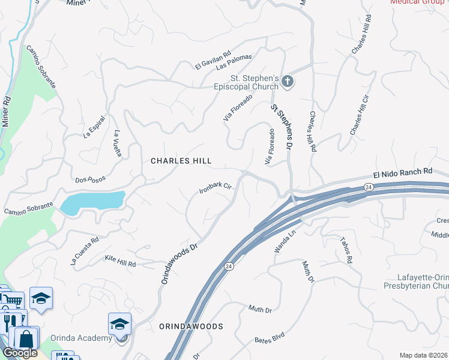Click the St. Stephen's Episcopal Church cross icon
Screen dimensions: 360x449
click(288, 82)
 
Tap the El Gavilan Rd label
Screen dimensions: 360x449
click(213, 59)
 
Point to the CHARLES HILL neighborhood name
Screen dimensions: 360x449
click(181, 161)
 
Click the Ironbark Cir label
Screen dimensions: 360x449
click(215, 190)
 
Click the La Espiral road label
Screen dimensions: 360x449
click(95, 127)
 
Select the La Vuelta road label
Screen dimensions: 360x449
click(118, 143)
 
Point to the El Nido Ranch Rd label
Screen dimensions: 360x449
click(402, 172)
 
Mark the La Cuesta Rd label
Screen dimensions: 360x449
click(84, 251)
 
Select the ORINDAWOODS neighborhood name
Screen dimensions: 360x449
click(191, 326)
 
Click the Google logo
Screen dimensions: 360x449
click(20, 353)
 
